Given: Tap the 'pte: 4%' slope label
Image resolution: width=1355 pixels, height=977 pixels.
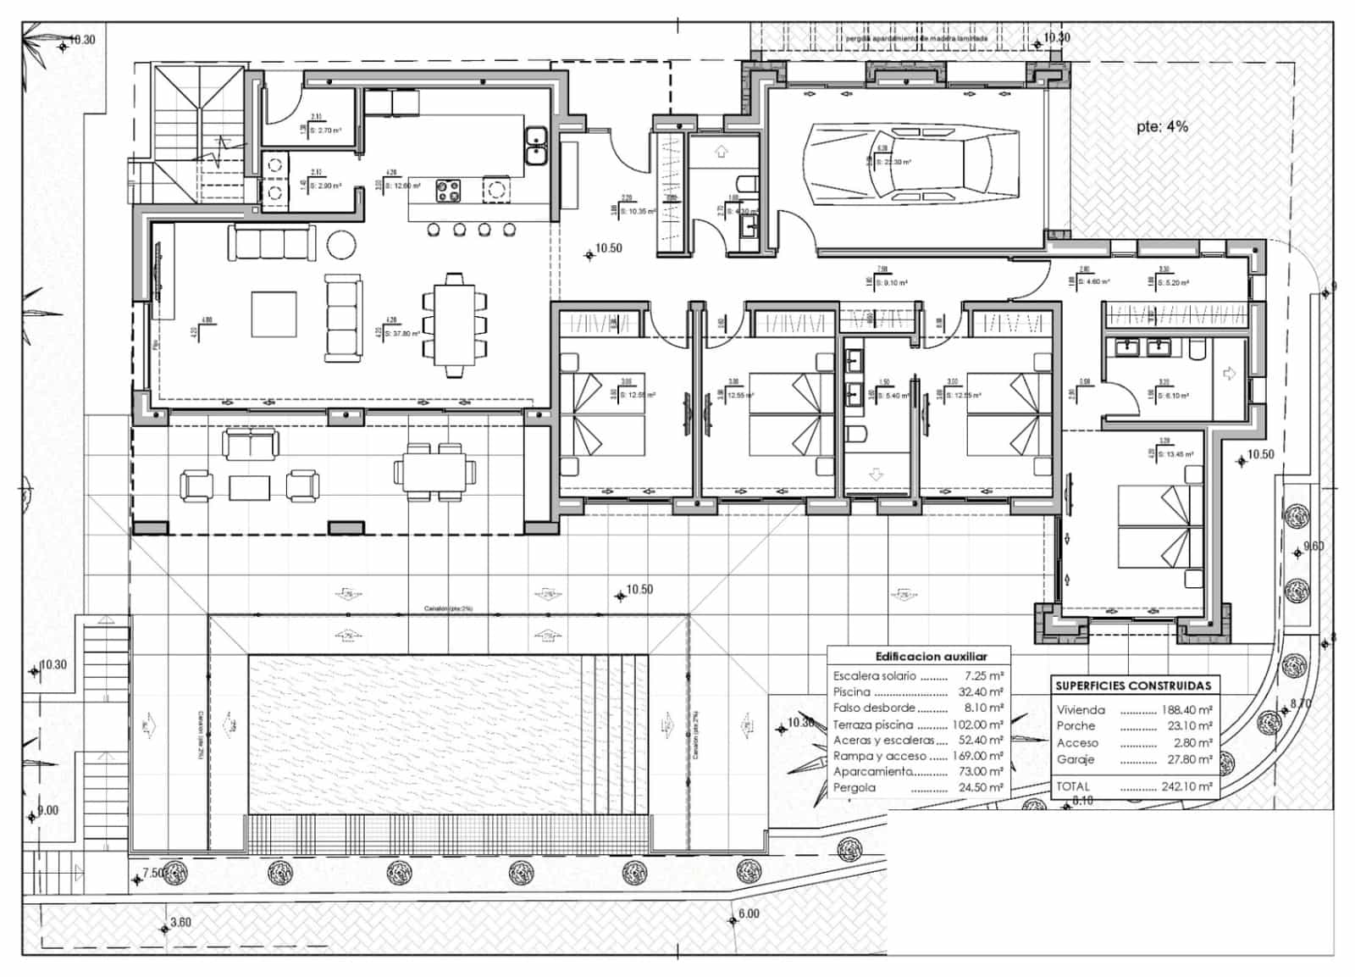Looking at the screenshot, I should [1162, 126].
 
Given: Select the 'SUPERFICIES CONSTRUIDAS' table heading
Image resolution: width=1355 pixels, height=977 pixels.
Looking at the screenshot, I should [1132, 686].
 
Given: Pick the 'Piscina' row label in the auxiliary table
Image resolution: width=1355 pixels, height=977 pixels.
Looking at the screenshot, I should [851, 692].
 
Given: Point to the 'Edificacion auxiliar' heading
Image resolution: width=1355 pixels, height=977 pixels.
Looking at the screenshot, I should [931, 657].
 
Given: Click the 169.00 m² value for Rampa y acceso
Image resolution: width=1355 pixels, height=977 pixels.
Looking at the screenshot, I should [981, 756].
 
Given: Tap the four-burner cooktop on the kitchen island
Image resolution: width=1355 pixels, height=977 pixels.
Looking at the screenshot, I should [448, 192].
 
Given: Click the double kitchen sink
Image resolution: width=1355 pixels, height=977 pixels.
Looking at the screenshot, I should [535, 146].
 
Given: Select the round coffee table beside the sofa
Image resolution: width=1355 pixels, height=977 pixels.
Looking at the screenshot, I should [342, 245].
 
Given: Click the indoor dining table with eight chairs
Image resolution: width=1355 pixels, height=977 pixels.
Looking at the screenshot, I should [455, 325].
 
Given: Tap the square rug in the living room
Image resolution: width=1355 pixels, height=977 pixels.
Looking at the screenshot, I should [274, 314].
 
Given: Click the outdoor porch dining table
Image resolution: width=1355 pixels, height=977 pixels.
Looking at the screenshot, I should [434, 472].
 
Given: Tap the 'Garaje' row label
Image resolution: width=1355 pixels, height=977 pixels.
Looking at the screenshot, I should [1076, 760].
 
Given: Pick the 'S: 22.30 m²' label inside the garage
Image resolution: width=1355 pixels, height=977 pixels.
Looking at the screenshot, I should [893, 161].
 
